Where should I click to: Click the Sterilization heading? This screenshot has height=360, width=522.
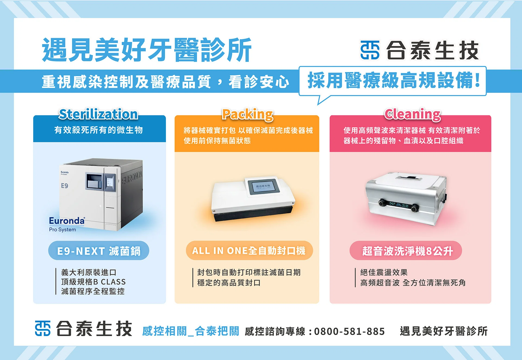98,114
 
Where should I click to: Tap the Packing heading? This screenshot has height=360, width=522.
247,114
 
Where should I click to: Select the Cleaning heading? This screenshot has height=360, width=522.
412,114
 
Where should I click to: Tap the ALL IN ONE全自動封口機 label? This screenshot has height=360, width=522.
249,251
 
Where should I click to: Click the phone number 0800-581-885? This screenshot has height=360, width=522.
349,331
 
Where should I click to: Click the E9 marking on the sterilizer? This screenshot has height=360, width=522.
64,186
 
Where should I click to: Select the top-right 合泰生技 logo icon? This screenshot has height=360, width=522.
370,50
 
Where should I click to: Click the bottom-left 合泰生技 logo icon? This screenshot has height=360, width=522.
43,328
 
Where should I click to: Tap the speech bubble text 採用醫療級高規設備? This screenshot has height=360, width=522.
393,81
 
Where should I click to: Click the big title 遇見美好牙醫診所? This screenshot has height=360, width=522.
147,50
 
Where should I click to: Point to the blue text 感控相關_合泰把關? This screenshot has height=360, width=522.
190,331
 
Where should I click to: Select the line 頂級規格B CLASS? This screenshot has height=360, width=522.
93,282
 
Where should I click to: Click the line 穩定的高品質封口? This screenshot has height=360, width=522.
229,283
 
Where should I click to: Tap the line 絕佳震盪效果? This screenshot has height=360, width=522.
384,272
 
